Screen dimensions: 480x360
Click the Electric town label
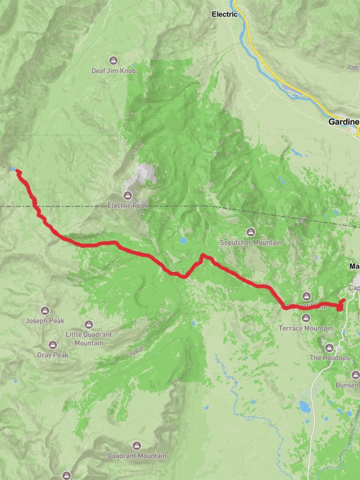tap(225, 14)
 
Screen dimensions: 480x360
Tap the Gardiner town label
tap(344, 122)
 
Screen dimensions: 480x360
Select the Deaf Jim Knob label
tap(113, 70)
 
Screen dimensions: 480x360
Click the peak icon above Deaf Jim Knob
tap(113, 60)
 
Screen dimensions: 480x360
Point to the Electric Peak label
tap(127, 205)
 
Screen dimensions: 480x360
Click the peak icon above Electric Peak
tap(127, 195)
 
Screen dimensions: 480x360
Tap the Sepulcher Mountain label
tap(251, 242)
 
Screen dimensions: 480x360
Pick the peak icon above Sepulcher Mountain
tap(251, 232)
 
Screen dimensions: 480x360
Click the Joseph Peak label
tap(45, 321)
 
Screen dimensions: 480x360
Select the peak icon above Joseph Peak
tap(45, 311)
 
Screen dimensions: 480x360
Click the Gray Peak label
tap(53, 355)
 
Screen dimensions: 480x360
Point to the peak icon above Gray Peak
tap(53, 346)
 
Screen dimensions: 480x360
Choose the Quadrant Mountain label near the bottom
tap(137, 456)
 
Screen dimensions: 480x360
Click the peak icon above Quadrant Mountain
tap(137, 446)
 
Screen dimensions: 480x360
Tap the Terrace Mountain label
tap(306, 328)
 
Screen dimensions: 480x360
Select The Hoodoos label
tap(329, 358)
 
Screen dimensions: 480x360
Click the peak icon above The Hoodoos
tap(329, 347)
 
